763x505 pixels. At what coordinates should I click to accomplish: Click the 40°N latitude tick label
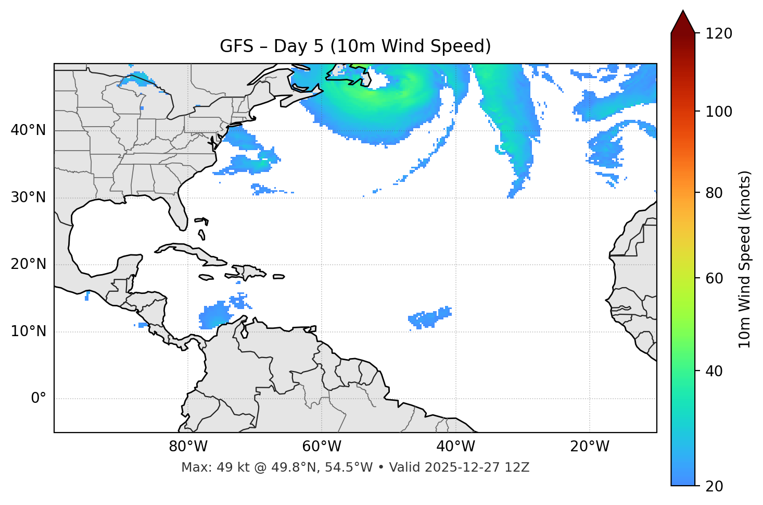click(28, 130)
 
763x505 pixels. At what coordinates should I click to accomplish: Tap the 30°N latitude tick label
click(28, 198)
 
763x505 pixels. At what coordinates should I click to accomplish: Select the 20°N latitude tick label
click(28, 264)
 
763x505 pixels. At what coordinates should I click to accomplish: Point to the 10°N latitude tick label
click(28, 331)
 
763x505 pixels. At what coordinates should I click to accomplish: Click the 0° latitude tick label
click(39, 399)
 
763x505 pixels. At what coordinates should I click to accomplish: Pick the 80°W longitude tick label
click(188, 447)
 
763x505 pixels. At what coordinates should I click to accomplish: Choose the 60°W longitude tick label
click(322, 447)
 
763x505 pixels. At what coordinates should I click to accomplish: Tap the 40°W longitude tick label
click(456, 447)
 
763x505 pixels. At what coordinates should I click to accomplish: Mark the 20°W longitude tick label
click(590, 447)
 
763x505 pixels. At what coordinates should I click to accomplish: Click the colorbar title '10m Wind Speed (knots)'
click(745, 260)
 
